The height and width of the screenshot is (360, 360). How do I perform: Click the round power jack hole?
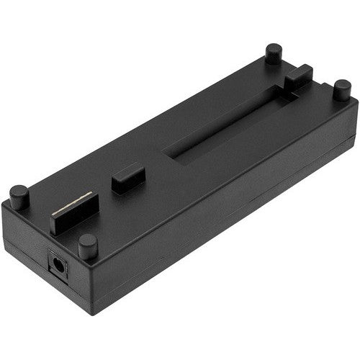click(x=56, y=264)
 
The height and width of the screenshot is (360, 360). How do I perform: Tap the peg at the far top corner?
click(x=273, y=53)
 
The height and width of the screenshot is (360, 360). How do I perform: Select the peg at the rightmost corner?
click(x=341, y=89)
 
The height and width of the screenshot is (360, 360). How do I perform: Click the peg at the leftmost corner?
click(x=19, y=195)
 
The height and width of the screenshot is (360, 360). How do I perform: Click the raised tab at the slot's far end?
click(x=297, y=77)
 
